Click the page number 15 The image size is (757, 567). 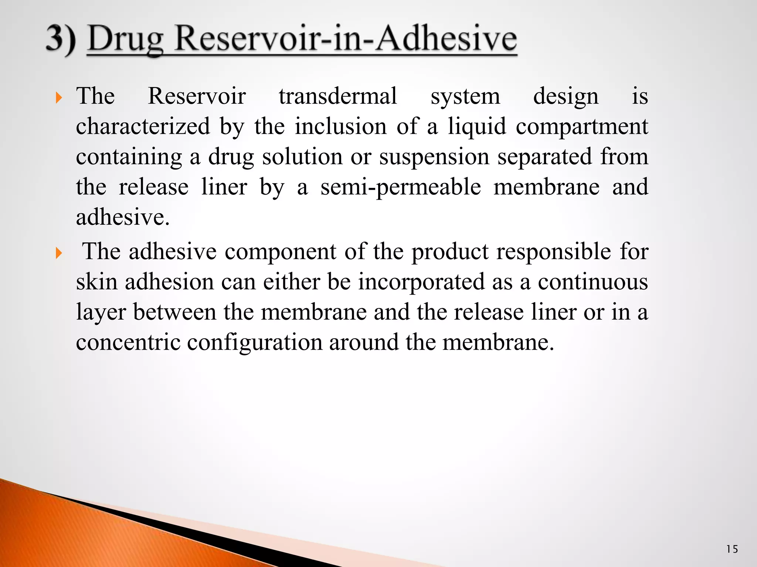(x=732, y=549)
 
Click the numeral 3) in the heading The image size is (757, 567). (x=61, y=39)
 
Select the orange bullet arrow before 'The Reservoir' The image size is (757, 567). (x=58, y=98)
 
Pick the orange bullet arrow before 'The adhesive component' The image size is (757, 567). (x=58, y=253)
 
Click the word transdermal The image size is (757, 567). (x=338, y=96)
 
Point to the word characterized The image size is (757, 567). (x=143, y=127)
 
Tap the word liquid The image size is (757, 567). (x=477, y=127)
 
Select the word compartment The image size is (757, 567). (x=582, y=127)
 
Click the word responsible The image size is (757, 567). (x=553, y=252)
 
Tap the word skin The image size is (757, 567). (x=96, y=282)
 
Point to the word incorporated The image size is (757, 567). (x=421, y=282)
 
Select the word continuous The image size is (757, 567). (x=593, y=282)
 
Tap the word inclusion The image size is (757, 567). (x=340, y=127)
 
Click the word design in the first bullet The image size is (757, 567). (x=566, y=97)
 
